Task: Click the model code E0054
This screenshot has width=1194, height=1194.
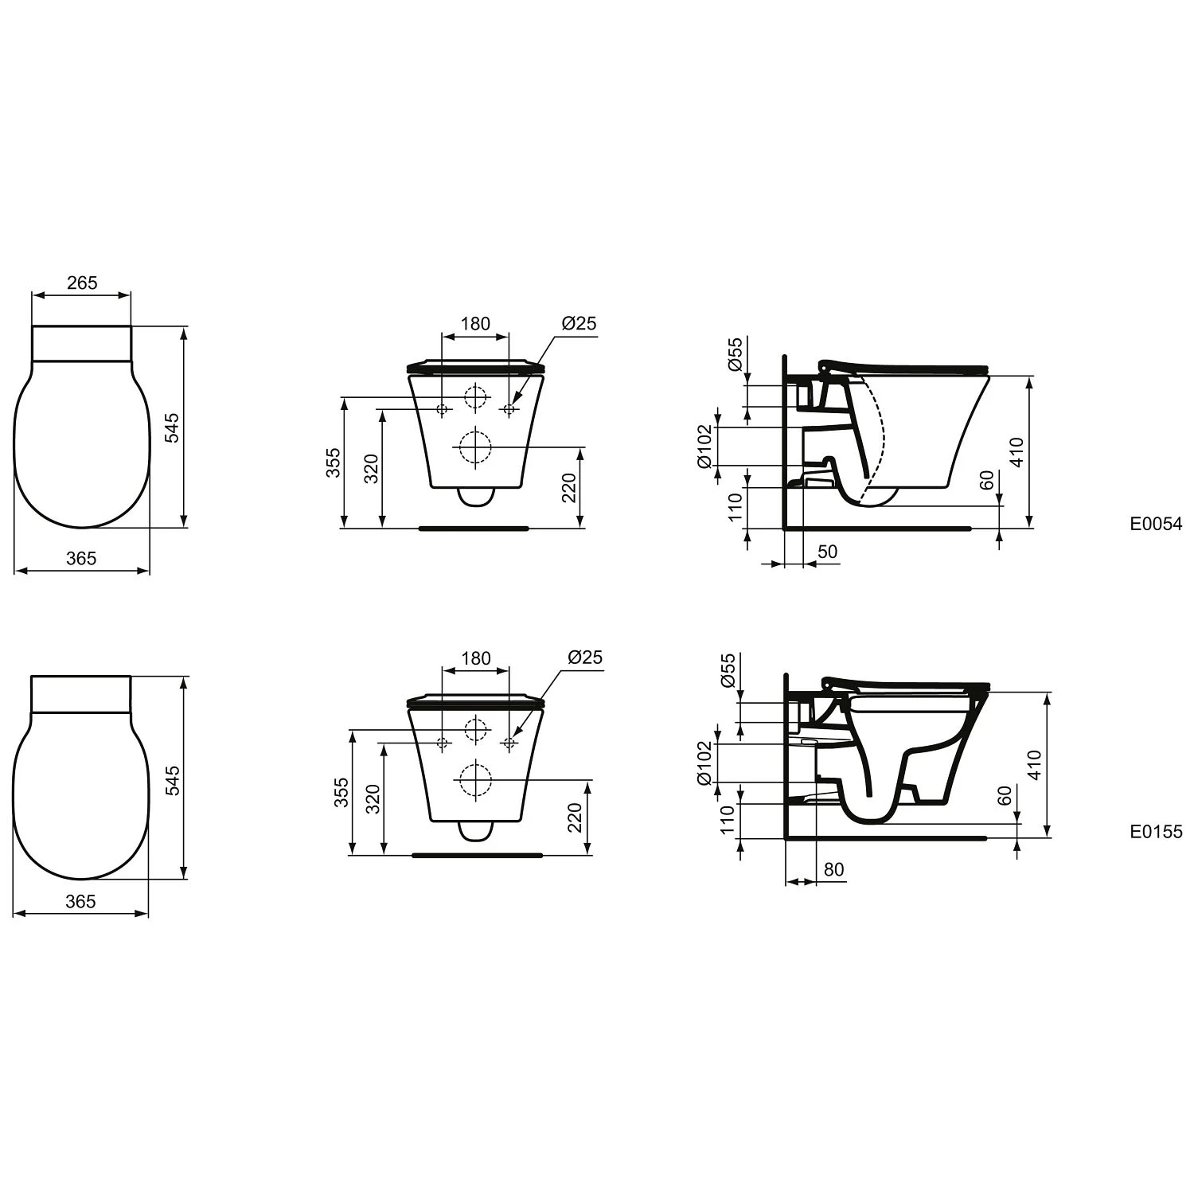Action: click(x=1156, y=524)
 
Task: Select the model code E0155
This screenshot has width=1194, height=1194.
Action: click(x=1156, y=832)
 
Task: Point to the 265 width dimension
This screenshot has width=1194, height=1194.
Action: click(x=81, y=283)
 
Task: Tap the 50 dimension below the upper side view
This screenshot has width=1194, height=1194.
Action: click(x=828, y=552)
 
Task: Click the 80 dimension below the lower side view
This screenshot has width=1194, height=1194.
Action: click(x=833, y=869)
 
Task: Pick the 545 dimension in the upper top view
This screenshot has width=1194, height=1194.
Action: click(x=173, y=427)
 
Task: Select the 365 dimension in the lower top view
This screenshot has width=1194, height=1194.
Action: click(x=81, y=901)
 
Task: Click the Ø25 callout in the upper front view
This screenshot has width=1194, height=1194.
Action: click(x=579, y=323)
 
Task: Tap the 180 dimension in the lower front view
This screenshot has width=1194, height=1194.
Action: click(x=476, y=658)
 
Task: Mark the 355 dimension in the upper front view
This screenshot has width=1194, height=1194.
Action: click(x=334, y=462)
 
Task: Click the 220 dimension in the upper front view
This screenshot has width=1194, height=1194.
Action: click(x=568, y=488)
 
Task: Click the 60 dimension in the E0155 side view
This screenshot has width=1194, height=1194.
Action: click(x=1005, y=795)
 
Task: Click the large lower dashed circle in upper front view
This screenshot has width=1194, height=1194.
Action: click(x=476, y=447)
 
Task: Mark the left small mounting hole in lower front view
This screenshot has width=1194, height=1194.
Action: click(x=443, y=743)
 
